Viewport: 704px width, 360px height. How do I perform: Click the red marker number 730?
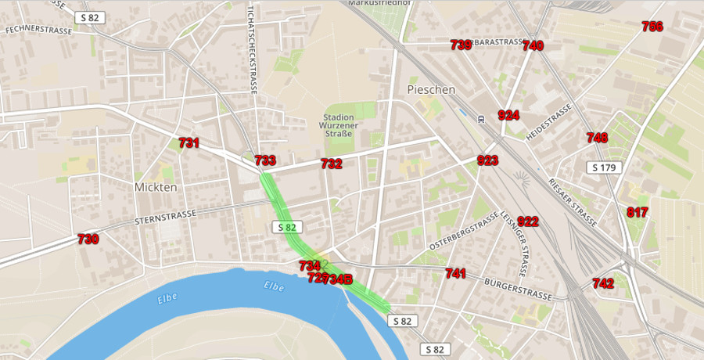pyautogui.click(x=88, y=239)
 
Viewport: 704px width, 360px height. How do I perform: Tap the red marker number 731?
pyautogui.click(x=189, y=143)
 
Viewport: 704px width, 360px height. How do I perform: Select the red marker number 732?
pyautogui.click(x=331, y=164)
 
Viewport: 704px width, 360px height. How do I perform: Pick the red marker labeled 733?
pyautogui.click(x=265, y=160)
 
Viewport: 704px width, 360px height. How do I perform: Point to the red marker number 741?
pyautogui.click(x=455, y=273)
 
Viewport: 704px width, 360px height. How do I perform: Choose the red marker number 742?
pyautogui.click(x=602, y=283)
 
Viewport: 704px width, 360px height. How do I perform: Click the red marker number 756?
pyautogui.click(x=652, y=27)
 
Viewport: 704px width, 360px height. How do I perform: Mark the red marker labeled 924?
pyautogui.click(x=508, y=116)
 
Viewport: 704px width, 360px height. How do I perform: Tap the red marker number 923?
pyautogui.click(x=487, y=161)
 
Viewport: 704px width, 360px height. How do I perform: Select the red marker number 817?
pyautogui.click(x=637, y=212)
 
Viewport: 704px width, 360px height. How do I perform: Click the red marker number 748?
pyautogui.click(x=597, y=138)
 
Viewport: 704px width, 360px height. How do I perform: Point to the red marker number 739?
pyautogui.click(x=461, y=45)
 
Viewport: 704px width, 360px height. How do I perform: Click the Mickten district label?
pyautogui.click(x=156, y=188)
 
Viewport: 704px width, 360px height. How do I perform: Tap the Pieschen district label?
pyautogui.click(x=431, y=90)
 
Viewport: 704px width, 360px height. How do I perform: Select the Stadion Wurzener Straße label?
pyautogui.click(x=337, y=126)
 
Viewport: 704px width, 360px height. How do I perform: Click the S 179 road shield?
pyautogui.click(x=605, y=167)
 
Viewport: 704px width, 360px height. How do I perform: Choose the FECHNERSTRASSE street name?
pyautogui.click(x=38, y=31)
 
